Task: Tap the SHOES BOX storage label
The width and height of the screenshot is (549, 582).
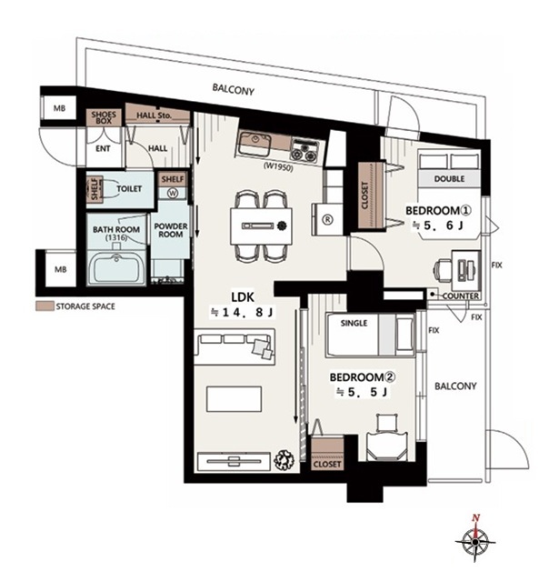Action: (x=104, y=117)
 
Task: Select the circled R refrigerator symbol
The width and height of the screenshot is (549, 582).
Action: (x=327, y=219)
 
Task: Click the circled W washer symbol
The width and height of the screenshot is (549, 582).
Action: (x=173, y=193)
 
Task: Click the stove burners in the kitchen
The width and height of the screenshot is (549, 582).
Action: (x=304, y=150)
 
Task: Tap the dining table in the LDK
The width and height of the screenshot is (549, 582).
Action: (x=261, y=226)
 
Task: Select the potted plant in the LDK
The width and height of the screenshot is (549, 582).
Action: (x=284, y=460)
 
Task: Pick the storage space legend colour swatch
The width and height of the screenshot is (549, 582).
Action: (x=45, y=306)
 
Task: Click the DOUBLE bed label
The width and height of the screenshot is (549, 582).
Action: (x=449, y=179)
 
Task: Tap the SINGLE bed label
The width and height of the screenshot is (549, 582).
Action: (x=354, y=324)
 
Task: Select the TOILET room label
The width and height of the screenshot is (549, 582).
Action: (x=129, y=189)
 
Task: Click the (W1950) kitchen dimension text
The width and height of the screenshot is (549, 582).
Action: (x=278, y=167)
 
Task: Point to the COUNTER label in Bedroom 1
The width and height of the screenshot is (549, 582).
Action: (x=460, y=296)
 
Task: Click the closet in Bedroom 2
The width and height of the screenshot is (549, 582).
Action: (x=327, y=454)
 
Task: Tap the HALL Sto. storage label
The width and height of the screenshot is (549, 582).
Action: (x=154, y=115)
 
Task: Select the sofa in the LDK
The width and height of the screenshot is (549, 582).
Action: (x=235, y=346)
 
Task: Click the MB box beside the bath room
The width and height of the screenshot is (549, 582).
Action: (x=61, y=269)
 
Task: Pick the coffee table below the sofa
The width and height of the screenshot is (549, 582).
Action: (x=235, y=399)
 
